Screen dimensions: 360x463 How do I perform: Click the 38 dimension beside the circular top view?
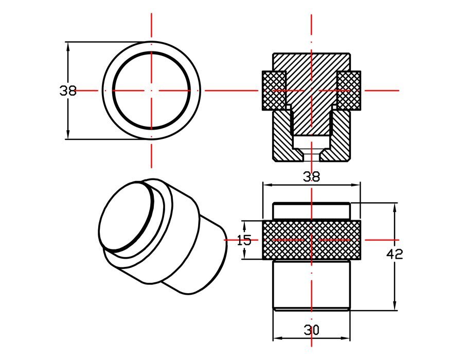[x=68, y=91]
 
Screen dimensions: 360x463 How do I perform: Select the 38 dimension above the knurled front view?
[x=311, y=177]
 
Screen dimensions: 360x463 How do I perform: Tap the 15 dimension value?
[x=244, y=240]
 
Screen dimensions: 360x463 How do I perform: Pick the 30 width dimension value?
[x=311, y=330]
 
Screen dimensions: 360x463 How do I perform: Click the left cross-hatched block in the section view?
[x=274, y=90]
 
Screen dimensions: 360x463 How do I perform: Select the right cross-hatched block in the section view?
[x=349, y=90]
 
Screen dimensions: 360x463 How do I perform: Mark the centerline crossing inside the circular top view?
[x=151, y=91]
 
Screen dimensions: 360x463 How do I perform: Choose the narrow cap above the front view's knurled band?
[x=311, y=211]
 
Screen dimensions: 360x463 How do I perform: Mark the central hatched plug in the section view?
[x=311, y=103]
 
